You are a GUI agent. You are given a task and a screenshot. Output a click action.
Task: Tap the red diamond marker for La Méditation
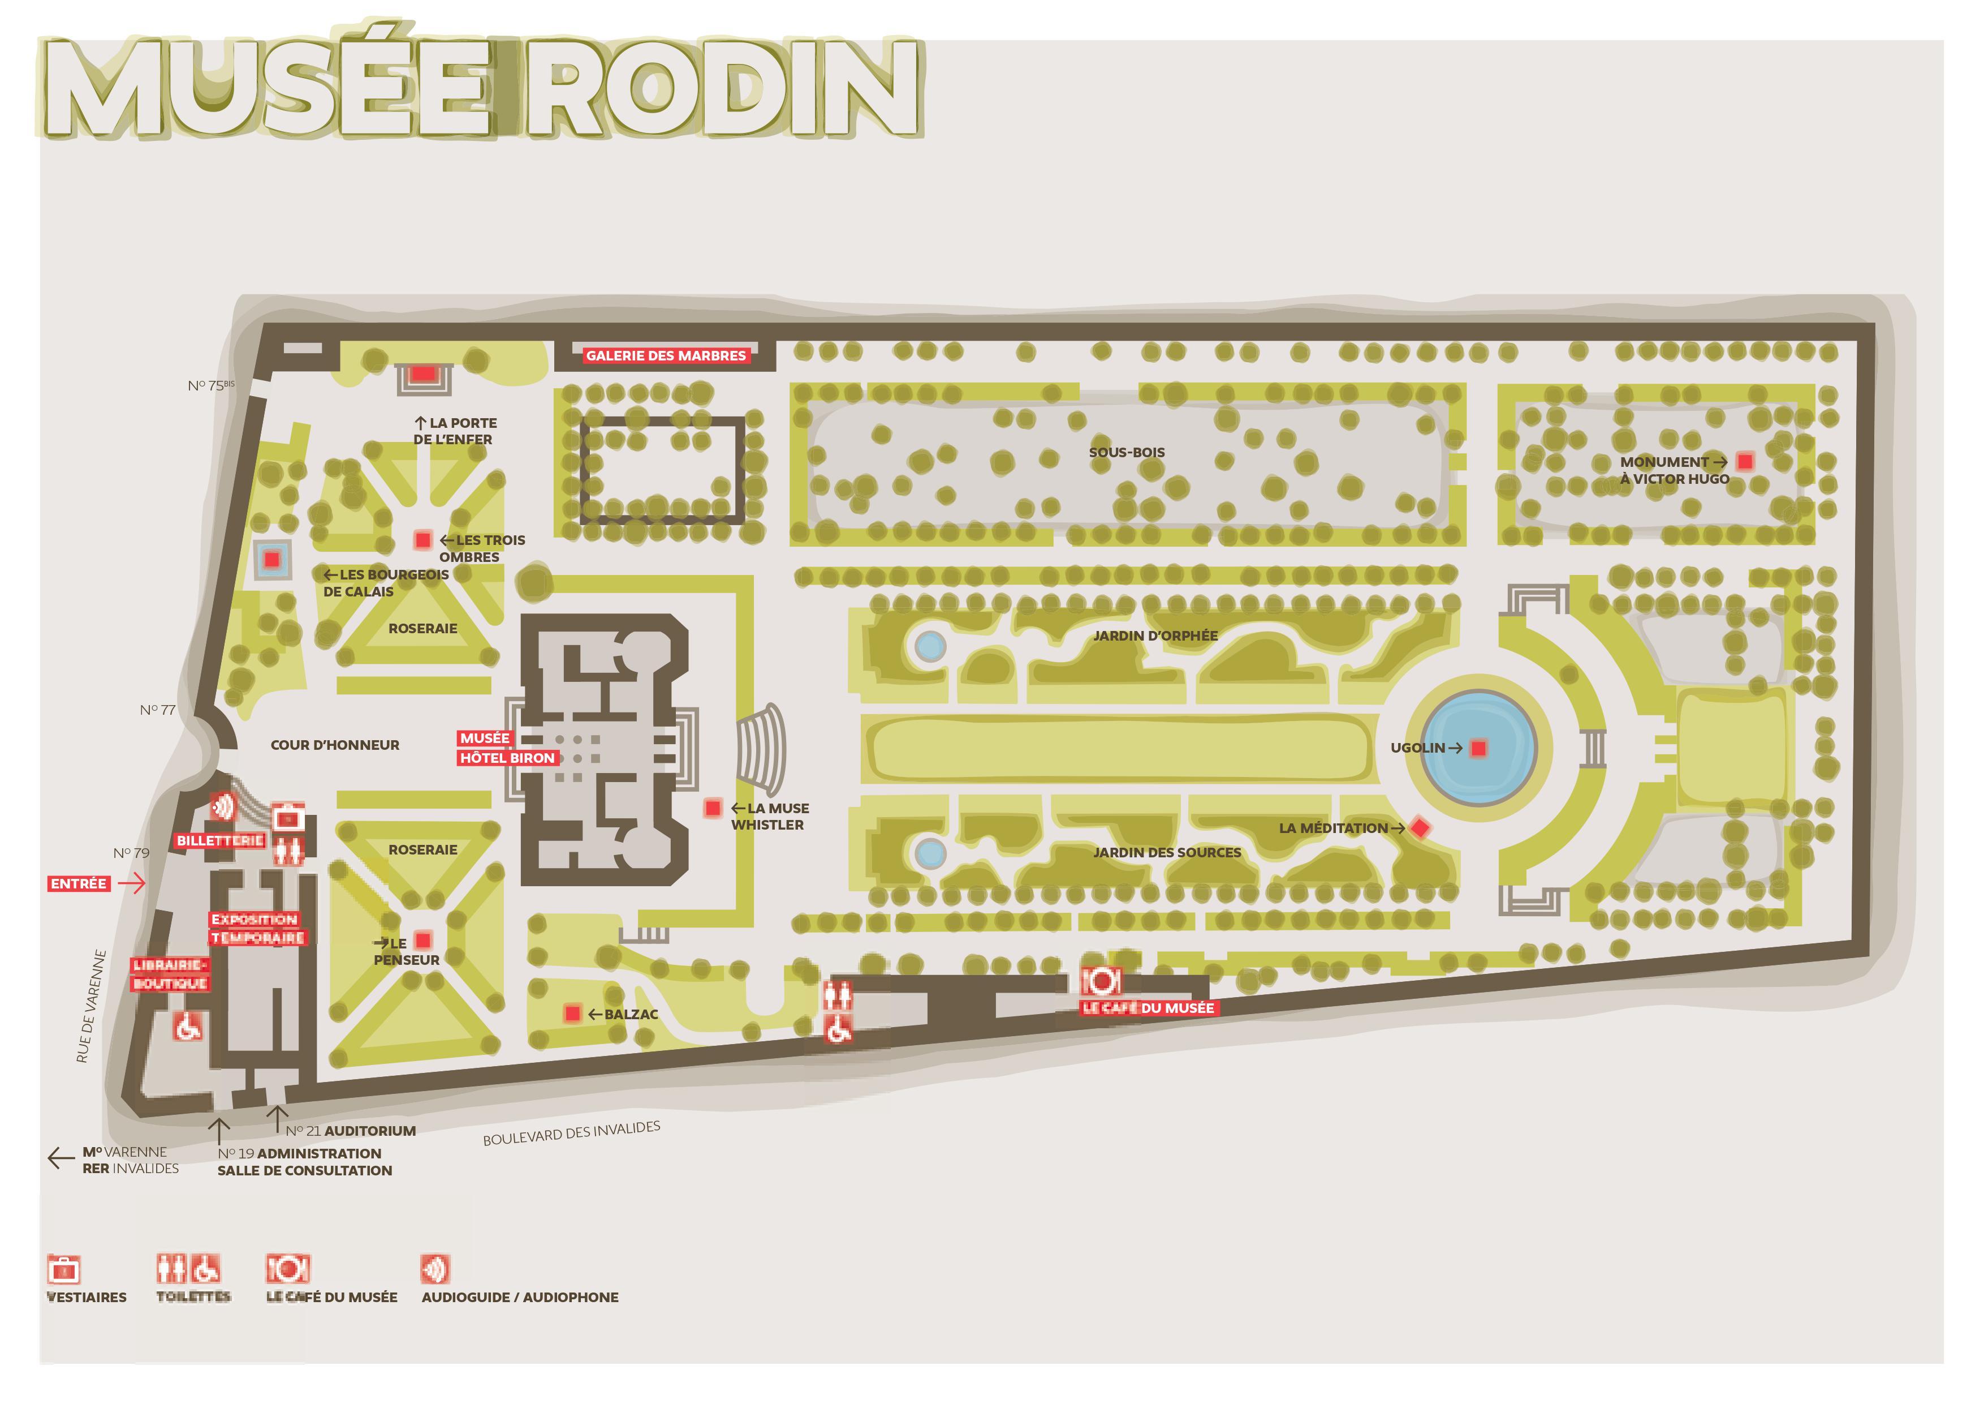[x=1419, y=828]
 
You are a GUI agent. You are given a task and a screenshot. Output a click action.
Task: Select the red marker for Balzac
[x=572, y=1013]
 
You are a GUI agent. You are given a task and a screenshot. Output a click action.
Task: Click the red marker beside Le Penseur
[x=422, y=941]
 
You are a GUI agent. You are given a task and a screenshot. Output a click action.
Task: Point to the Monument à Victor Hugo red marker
[x=1745, y=462]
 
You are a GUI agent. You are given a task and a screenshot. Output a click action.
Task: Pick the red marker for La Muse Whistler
[x=713, y=808]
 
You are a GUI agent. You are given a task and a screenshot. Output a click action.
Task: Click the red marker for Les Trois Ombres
[x=422, y=540]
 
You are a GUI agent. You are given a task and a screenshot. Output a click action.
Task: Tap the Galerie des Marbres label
[x=665, y=355]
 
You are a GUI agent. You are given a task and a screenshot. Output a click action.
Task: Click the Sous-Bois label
[x=1127, y=452]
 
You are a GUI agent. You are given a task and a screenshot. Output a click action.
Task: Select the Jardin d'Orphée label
[x=1155, y=636]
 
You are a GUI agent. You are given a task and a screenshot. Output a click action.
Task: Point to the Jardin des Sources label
[x=1167, y=852]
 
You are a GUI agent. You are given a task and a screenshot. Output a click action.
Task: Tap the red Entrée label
[x=79, y=883]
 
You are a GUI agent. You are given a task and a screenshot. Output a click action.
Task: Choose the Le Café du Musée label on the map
[x=1149, y=1008]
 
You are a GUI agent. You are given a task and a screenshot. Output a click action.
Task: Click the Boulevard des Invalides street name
[x=571, y=1133]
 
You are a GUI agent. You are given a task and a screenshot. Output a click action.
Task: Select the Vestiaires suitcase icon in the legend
[x=64, y=1270]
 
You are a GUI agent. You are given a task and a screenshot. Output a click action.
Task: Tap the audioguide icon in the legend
[x=435, y=1269]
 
